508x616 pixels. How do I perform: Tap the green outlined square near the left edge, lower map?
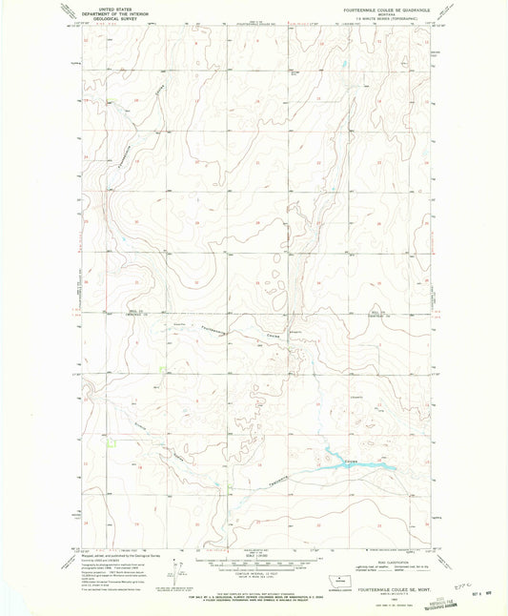(113, 440)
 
